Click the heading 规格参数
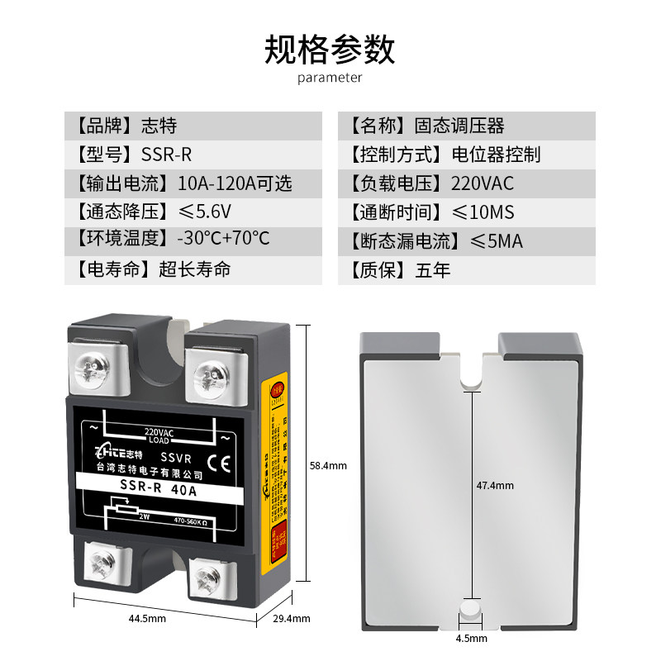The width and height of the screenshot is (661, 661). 330,50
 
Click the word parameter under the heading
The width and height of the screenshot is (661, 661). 330,78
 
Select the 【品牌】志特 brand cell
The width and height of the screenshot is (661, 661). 193,126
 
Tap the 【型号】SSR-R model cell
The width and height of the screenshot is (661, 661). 193,155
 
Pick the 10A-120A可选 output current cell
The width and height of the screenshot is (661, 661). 193,183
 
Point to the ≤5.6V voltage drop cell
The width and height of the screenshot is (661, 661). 193,212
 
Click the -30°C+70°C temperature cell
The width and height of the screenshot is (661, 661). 193,240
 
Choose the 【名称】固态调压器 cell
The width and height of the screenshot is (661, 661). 466,126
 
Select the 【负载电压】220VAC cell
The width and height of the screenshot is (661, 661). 466,183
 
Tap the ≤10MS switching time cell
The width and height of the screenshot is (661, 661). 466,212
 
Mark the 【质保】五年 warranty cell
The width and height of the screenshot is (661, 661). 466,269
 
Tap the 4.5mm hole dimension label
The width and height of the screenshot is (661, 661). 471,638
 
